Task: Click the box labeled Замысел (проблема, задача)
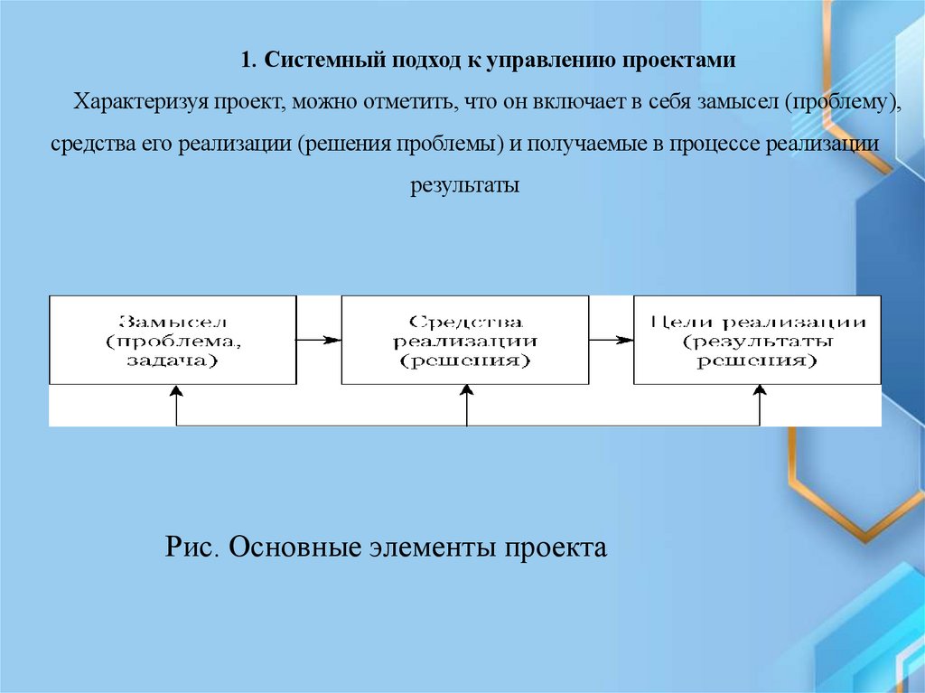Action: [173, 340]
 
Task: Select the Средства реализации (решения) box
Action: [465, 340]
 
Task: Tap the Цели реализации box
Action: [757, 340]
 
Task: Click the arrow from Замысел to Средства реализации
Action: [318, 340]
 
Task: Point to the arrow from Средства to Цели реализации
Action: [612, 340]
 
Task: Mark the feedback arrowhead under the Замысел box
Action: [177, 391]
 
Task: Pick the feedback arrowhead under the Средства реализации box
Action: [467, 391]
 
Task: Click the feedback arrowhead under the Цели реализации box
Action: [760, 391]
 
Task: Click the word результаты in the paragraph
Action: [465, 185]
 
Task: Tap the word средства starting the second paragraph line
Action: [87, 144]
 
